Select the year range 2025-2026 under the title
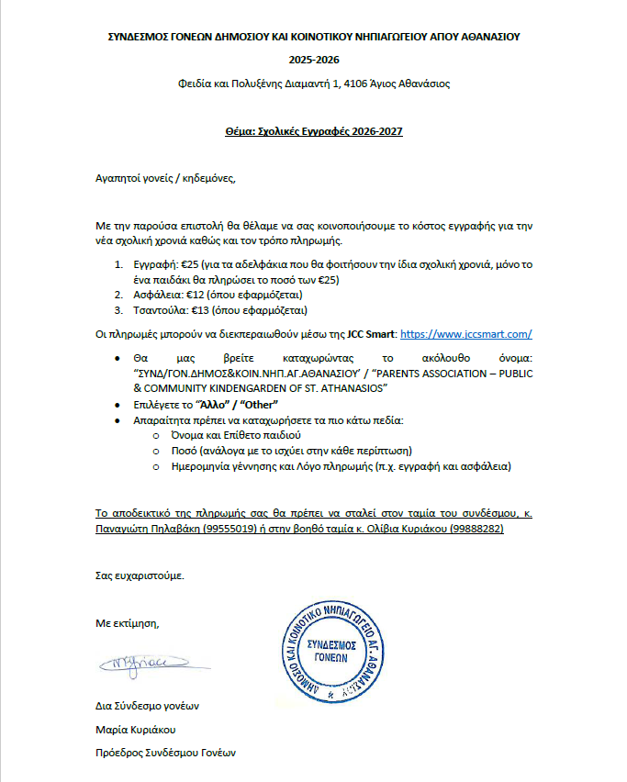[x=313, y=61]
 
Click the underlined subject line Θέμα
[x=313, y=131]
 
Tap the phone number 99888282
[x=476, y=530]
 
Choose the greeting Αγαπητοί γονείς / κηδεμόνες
[x=166, y=178]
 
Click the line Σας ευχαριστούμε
[x=140, y=575]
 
